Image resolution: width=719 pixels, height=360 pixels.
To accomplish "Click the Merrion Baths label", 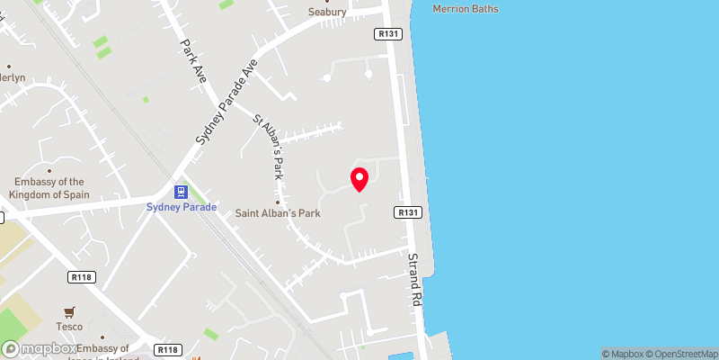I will click(466, 9).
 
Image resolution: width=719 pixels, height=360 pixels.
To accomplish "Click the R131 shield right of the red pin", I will click(407, 212).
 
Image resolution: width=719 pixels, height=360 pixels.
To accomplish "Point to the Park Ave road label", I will click(193, 61).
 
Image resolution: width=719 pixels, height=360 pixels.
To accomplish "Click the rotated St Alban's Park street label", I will click(269, 145).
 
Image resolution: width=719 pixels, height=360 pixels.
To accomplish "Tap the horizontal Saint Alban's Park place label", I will click(278, 213).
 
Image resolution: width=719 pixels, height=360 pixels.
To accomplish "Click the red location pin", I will click(359, 179).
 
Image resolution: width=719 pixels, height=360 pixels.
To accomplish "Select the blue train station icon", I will click(181, 192).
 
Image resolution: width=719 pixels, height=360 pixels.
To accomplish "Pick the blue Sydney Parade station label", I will click(181, 207).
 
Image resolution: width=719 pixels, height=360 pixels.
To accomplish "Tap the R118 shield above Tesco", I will click(82, 279).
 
